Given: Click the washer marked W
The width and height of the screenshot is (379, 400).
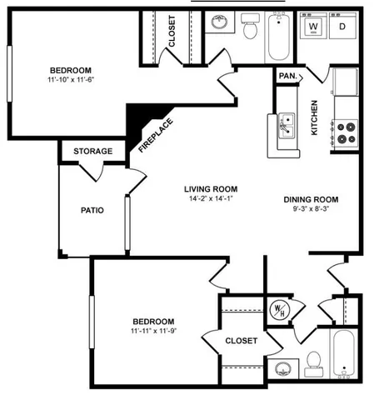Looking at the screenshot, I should point(314,27).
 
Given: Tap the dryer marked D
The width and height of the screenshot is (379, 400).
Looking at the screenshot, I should point(342,27).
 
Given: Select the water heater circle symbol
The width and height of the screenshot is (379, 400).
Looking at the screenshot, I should point(278,308).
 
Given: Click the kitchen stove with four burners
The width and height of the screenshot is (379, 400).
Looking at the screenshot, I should point(345,132).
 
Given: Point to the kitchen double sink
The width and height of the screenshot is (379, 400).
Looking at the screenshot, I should point(287,125).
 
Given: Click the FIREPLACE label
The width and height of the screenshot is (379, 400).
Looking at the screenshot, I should point(156,133).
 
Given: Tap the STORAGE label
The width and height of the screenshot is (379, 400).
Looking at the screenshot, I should point(92,151).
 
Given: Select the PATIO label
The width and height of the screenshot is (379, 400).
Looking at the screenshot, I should point(92,210).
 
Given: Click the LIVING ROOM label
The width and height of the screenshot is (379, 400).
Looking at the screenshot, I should point(211,189).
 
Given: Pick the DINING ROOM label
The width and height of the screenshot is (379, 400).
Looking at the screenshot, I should point(311,199).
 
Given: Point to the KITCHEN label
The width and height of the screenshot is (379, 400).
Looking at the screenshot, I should point(315,117).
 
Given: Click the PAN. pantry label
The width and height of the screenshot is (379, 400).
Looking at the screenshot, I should point(288,77).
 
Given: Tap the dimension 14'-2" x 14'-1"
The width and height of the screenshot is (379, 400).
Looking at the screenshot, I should point(211,200).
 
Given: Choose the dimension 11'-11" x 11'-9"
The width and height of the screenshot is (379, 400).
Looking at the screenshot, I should point(153,332).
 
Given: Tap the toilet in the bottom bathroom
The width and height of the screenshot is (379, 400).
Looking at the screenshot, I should point(314,361).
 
